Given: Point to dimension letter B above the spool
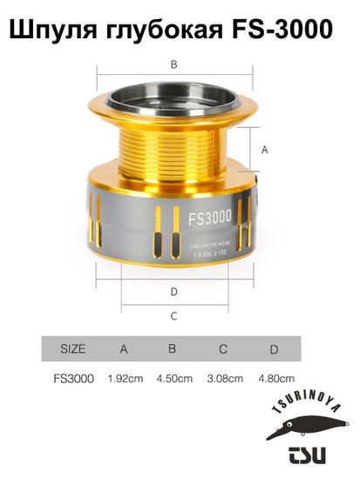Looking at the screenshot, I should [173, 64].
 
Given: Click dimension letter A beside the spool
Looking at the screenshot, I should [264, 151].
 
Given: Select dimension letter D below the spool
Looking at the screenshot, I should [174, 291].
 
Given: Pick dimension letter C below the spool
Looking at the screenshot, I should [173, 315].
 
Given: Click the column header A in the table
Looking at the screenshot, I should [124, 349].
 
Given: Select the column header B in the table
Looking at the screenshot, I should [173, 349].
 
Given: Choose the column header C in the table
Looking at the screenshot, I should [223, 349].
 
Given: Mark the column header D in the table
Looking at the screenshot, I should [274, 349].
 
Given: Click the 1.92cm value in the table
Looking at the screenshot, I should [125, 379].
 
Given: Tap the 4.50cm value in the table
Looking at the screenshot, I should [173, 379].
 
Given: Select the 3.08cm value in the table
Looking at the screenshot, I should [224, 379].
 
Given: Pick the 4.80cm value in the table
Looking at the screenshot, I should [275, 379].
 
